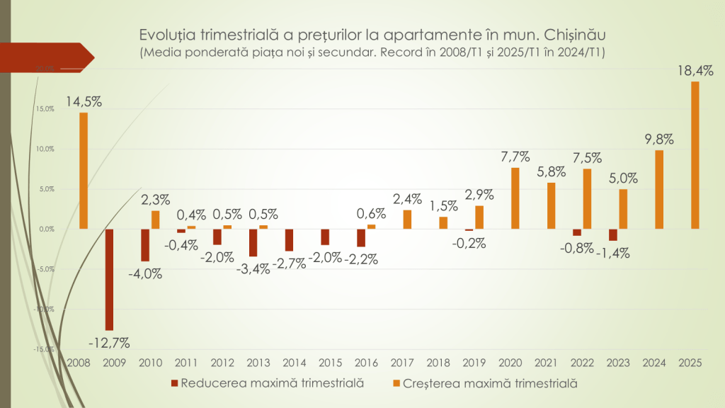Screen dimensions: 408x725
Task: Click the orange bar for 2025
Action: pos(695,155)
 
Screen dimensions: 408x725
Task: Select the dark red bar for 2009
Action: pos(110,280)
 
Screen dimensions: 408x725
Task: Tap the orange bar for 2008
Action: pos(83,171)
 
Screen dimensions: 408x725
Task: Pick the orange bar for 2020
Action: pos(515,198)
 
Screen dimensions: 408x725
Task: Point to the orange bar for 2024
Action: pos(659,190)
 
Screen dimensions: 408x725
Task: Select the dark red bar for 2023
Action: pos(613,235)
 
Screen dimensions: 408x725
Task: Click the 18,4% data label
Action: pos(695,71)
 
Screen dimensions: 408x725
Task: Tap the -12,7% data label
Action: pos(109,343)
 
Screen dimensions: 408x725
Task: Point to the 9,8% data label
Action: pos(658,139)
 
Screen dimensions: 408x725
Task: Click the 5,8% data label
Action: pos(551,171)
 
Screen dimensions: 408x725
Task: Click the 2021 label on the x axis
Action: pos(545,363)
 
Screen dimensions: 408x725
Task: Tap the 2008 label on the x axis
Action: pos(78,363)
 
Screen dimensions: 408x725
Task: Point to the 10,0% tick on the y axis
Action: pos(45,149)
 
